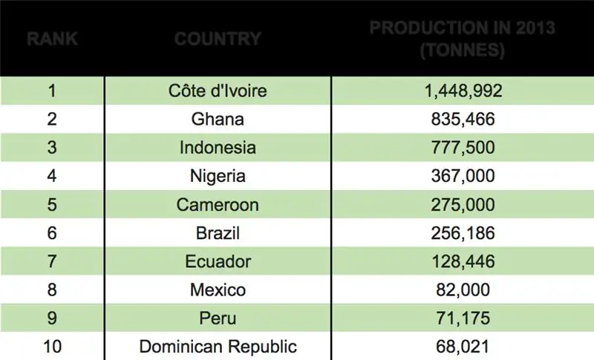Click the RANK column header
click(x=52, y=39)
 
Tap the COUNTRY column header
click(x=218, y=39)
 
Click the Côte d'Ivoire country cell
click(x=218, y=91)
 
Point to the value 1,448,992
click(x=463, y=91)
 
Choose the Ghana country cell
click(x=218, y=120)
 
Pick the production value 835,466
click(x=463, y=120)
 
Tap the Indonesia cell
click(x=218, y=147)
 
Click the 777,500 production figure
click(x=463, y=147)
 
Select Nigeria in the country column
click(x=218, y=176)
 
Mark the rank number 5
click(x=52, y=204)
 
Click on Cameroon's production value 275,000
click(x=463, y=204)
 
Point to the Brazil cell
click(x=218, y=232)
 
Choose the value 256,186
click(x=463, y=232)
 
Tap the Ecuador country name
click(x=218, y=261)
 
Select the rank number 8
click(x=52, y=289)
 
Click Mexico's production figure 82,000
click(x=463, y=289)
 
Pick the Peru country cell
click(x=218, y=318)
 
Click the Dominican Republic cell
click(x=218, y=346)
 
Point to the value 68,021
click(x=463, y=346)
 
